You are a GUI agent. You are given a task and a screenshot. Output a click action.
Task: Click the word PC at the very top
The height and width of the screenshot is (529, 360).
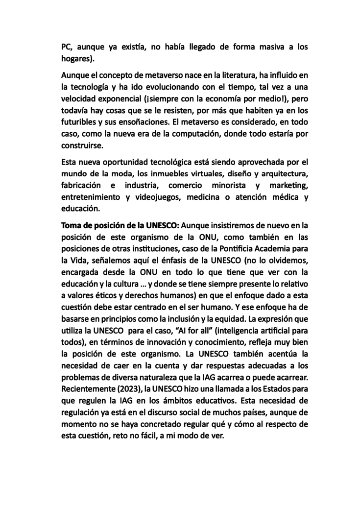(x=67, y=47)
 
